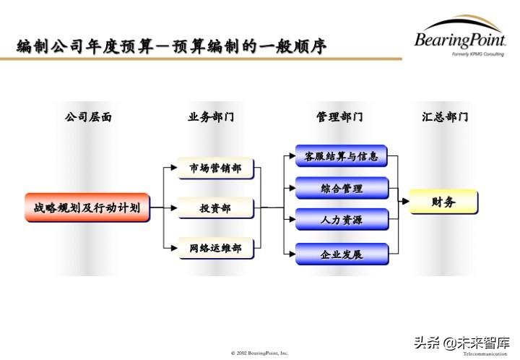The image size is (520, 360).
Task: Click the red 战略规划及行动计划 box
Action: click(x=87, y=207)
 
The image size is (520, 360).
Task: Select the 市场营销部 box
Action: click(x=215, y=168)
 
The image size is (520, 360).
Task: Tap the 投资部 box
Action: click(x=215, y=208)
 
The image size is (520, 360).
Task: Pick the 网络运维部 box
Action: click(x=215, y=248)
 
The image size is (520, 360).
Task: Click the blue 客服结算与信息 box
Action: click(x=341, y=155)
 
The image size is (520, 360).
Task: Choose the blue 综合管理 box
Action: click(x=341, y=188)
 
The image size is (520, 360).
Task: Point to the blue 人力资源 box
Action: click(x=341, y=220)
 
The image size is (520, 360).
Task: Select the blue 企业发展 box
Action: click(x=341, y=254)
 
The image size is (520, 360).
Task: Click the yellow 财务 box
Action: click(x=443, y=202)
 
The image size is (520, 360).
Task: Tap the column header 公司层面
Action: click(x=88, y=116)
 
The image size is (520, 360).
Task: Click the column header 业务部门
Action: click(x=211, y=116)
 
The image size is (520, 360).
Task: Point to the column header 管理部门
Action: click(x=339, y=116)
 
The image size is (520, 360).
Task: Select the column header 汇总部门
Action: click(x=445, y=116)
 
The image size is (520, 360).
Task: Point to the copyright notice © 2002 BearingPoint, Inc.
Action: click(x=259, y=353)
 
